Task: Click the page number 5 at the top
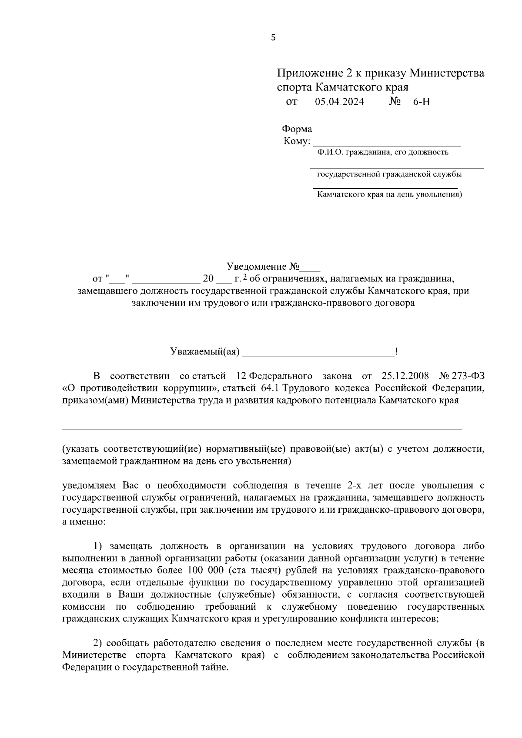click(x=273, y=37)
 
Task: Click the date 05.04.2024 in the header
click(x=339, y=102)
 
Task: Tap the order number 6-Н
click(x=421, y=102)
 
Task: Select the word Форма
click(x=297, y=129)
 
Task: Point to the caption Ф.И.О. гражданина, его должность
click(x=383, y=152)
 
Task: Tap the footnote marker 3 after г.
click(x=245, y=277)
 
